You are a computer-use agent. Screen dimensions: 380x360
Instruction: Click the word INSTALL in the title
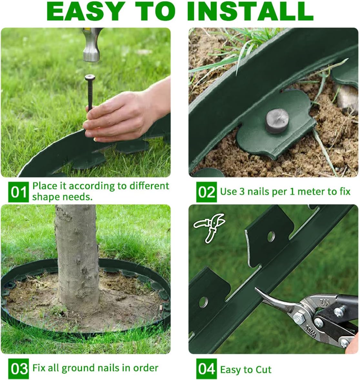(x=250, y=12)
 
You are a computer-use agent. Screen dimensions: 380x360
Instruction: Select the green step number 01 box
(x=18, y=192)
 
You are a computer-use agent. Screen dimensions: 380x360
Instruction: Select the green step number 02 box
(x=206, y=192)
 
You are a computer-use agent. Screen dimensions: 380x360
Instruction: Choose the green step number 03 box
(x=18, y=368)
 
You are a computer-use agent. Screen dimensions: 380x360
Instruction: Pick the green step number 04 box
(x=206, y=368)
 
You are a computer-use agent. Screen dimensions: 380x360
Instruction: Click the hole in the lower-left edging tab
(x=203, y=302)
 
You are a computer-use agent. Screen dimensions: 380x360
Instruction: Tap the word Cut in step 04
(x=263, y=370)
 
